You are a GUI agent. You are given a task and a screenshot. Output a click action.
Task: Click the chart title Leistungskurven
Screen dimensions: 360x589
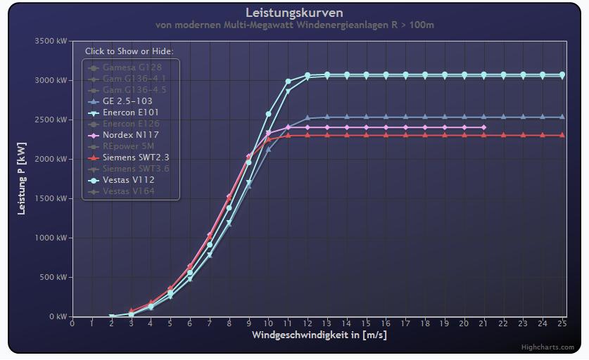coord(294,13)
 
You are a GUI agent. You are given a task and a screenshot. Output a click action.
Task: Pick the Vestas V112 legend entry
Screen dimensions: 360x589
coord(128,180)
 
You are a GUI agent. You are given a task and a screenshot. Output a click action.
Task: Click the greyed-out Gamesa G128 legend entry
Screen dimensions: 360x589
coord(132,67)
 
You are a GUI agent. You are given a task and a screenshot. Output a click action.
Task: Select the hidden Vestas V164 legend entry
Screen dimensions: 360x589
coord(128,191)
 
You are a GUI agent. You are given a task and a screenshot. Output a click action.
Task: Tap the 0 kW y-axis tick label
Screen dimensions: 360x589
coord(57,317)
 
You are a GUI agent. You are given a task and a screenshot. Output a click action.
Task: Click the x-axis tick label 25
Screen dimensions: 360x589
coord(562,324)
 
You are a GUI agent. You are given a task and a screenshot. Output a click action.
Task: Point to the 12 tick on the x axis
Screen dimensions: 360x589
coord(307,324)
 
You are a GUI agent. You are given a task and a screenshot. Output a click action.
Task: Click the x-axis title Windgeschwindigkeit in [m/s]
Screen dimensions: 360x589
coord(319,335)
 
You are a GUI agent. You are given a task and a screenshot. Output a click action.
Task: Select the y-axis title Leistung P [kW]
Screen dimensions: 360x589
coord(22,179)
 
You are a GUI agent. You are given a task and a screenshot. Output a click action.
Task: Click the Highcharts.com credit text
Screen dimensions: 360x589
coord(547,347)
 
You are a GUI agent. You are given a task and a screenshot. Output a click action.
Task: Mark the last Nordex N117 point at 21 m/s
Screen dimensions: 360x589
coord(483,127)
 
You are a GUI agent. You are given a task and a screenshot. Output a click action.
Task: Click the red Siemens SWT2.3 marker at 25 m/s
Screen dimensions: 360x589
coord(562,135)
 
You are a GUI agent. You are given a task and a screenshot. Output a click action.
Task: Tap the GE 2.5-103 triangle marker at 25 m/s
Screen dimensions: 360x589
coord(562,117)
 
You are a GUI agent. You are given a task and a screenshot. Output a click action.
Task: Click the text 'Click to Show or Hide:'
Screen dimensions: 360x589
coord(129,51)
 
